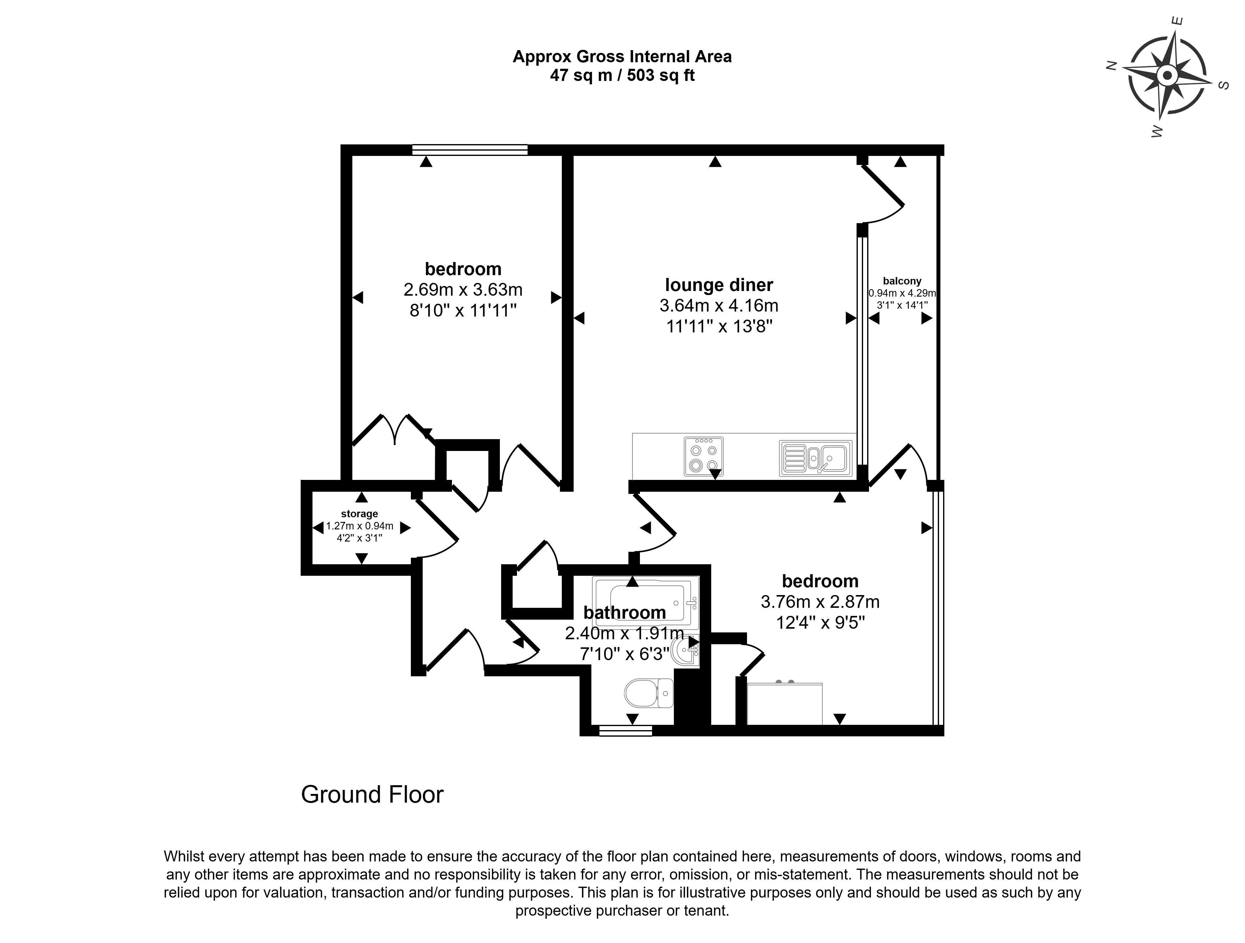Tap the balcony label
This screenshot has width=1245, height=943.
click(x=902, y=281)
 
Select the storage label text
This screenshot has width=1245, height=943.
click(x=359, y=514)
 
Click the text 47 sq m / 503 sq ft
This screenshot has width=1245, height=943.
click(x=622, y=75)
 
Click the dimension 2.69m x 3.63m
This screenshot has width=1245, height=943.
click(x=463, y=290)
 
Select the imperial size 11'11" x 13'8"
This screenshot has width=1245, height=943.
click(x=719, y=326)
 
